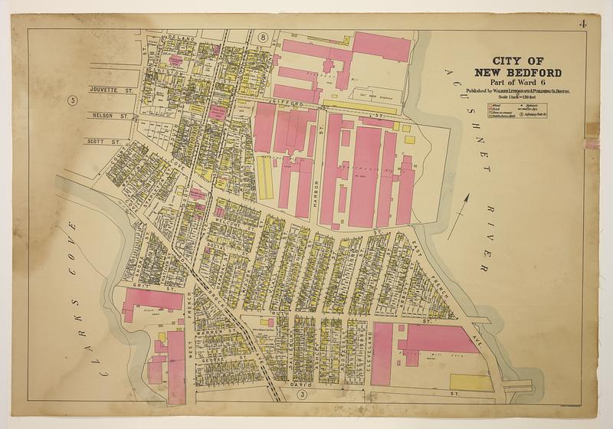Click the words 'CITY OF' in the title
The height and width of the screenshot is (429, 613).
(x=518, y=61)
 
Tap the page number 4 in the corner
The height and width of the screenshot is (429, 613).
(x=585, y=21)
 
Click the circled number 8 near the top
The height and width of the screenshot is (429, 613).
(x=262, y=37)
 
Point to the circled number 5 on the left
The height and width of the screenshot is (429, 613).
(x=73, y=100)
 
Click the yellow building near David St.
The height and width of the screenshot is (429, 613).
(x=470, y=382)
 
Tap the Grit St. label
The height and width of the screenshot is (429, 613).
(x=141, y=285)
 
